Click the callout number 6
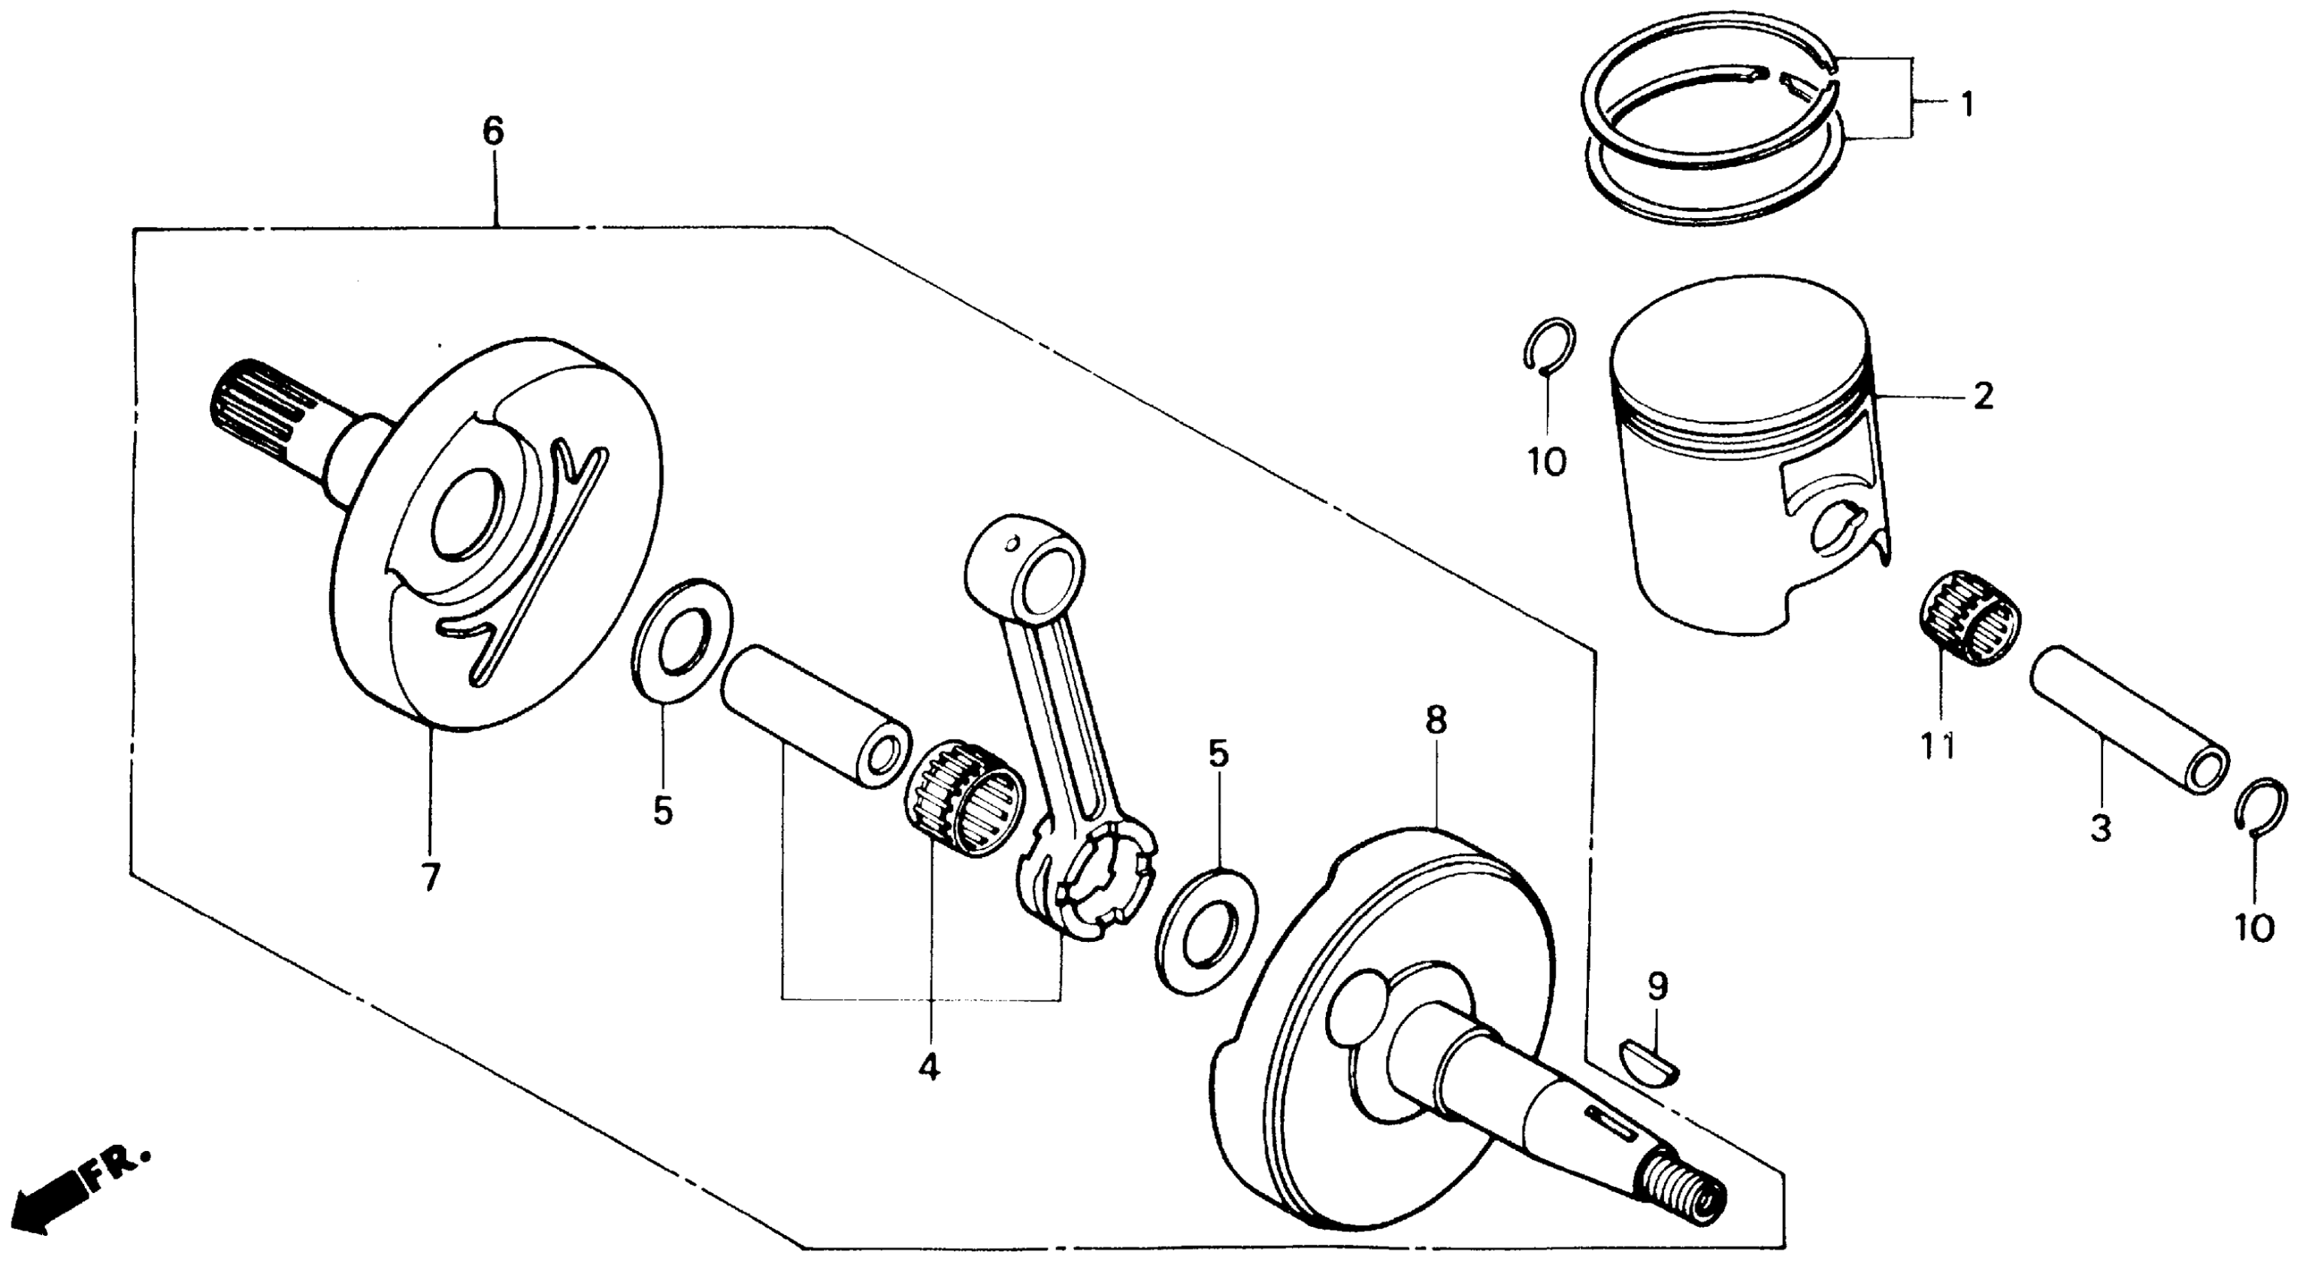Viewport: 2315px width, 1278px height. coord(493,132)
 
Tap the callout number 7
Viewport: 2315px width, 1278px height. coord(431,877)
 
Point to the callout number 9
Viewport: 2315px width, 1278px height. coord(1658,988)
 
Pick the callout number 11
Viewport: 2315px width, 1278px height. coord(1938,746)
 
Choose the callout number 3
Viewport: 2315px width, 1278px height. coord(2100,828)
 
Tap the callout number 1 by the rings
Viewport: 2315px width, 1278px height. coord(1967,105)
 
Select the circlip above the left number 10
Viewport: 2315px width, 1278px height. coord(1550,344)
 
